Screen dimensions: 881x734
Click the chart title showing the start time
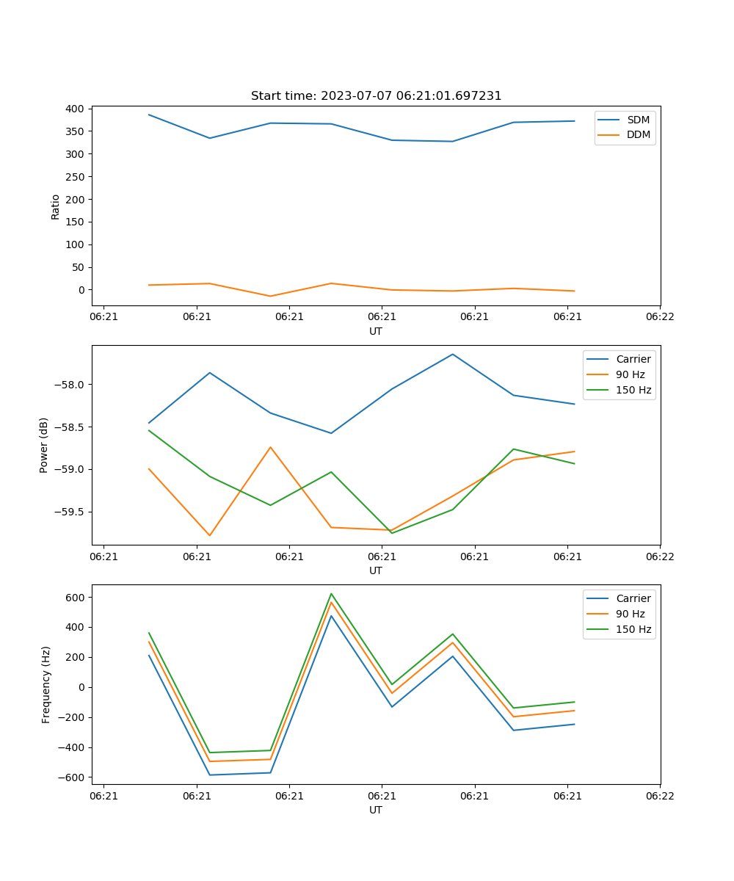click(x=376, y=96)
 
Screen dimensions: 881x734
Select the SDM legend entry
click(x=638, y=120)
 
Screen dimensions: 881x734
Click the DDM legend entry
click(x=638, y=134)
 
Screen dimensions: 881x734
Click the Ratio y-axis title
click(x=56, y=206)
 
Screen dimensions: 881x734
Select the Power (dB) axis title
click(x=45, y=445)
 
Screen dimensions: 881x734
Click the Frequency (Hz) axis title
click(x=46, y=684)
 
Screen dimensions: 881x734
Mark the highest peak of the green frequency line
click(x=331, y=594)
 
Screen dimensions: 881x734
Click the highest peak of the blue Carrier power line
click(x=453, y=354)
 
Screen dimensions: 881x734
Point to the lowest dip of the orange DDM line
click(x=270, y=296)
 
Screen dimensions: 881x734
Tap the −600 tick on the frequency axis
click(x=72, y=777)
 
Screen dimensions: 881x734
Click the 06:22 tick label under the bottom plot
click(x=660, y=796)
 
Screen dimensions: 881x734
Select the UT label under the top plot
click(x=376, y=331)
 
